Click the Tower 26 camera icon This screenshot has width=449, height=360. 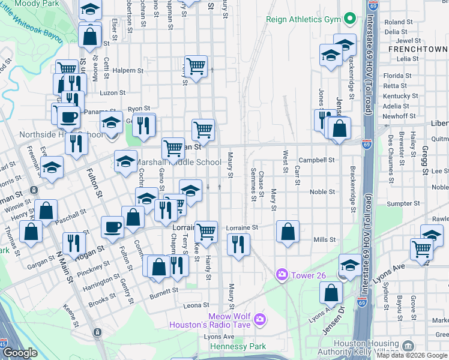pyautogui.click(x=282, y=274)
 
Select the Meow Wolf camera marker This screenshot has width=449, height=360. pyautogui.click(x=259, y=318)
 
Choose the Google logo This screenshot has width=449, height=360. pyautogui.click(x=20, y=353)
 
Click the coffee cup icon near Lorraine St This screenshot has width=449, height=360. pyautogui.click(x=112, y=227)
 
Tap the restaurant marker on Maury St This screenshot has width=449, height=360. pyautogui.click(x=238, y=244)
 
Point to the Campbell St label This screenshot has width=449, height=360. pyautogui.click(x=316, y=160)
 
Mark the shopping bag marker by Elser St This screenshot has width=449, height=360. pyautogui.click(x=89, y=36)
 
